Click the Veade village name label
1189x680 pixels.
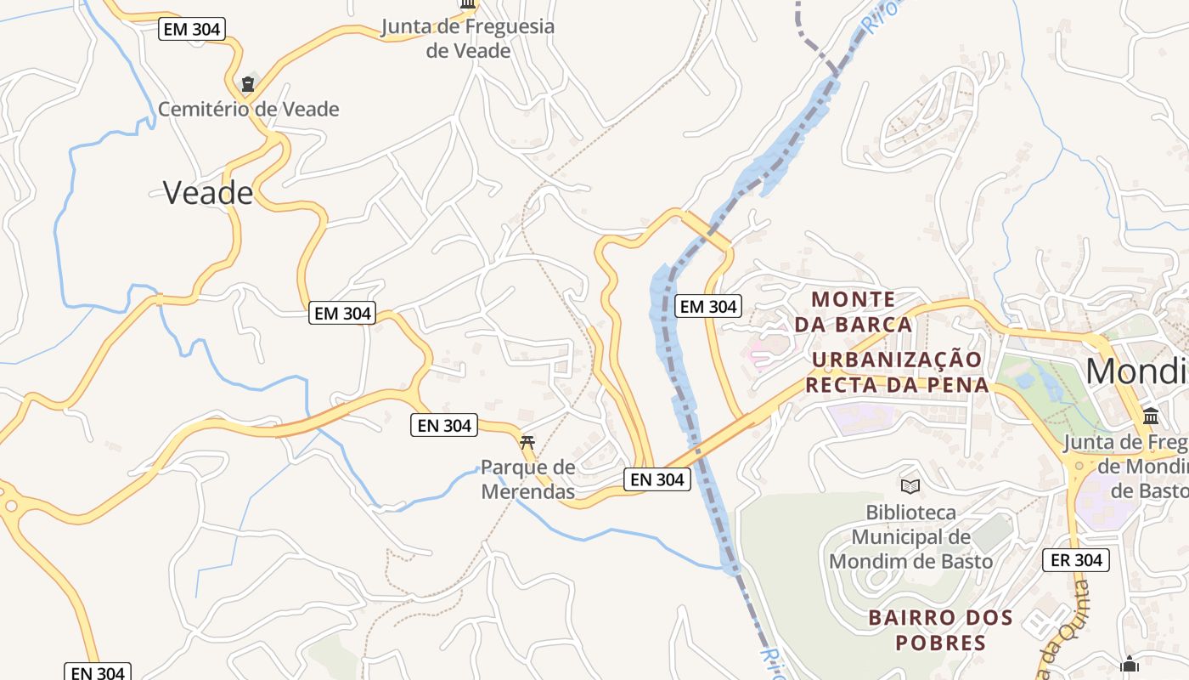[x=207, y=193]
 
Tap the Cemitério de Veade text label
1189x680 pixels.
[x=248, y=109]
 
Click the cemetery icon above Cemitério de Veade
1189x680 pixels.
[x=247, y=84]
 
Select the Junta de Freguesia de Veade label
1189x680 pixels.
[x=468, y=38]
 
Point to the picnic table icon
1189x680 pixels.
[x=527, y=441]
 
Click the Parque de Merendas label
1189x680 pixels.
[x=527, y=479]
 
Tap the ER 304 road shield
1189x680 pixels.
[x=1076, y=560]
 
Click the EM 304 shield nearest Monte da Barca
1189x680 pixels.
[x=708, y=307]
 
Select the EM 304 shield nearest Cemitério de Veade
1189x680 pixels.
[x=191, y=30]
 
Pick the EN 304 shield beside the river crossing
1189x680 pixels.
[x=657, y=479]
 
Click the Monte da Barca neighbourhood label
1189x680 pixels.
[x=854, y=311]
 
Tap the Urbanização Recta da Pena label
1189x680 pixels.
[x=897, y=371]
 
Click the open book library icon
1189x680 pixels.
[x=910, y=486]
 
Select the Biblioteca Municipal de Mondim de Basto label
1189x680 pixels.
[x=910, y=536]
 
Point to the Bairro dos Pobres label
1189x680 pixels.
[x=941, y=629]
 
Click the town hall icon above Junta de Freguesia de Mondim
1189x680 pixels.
[x=1151, y=416]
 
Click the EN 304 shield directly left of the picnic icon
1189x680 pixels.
[x=444, y=425]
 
